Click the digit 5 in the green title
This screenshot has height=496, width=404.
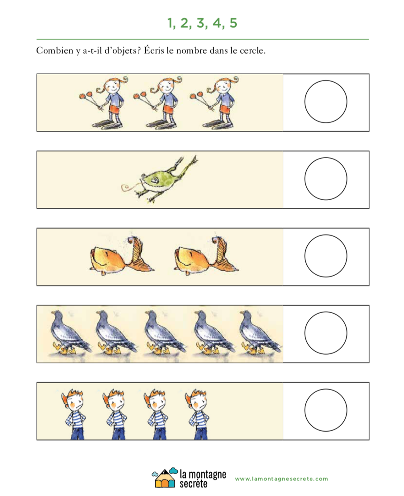[x=233, y=23]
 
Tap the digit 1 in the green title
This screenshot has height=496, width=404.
[x=170, y=23]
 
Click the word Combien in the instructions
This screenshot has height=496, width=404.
[x=54, y=50]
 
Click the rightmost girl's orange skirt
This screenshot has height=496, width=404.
[x=225, y=109]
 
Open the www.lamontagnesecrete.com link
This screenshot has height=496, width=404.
[x=281, y=479]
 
